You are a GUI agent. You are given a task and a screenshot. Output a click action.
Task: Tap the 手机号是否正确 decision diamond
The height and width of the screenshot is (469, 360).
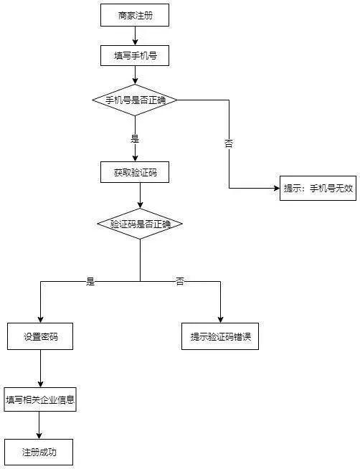coord(135,100)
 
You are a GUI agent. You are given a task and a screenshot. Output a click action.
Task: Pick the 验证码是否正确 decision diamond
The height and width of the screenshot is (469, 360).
coord(140,224)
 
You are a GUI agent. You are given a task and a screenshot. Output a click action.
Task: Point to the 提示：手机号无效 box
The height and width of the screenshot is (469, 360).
coord(318,189)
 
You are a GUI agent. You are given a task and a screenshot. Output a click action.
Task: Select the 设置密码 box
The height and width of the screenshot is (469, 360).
coord(40,336)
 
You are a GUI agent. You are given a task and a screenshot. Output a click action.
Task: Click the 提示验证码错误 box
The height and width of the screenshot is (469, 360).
coord(220,336)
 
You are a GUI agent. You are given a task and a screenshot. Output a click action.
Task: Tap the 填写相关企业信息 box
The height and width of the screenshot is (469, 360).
coord(40,399)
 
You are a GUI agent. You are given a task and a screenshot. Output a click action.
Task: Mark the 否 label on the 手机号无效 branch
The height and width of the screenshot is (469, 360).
coord(229,143)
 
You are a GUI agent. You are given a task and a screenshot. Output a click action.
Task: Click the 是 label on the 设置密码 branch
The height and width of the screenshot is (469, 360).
coord(90,281)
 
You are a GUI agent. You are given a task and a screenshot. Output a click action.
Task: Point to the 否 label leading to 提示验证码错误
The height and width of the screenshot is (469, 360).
coord(180,281)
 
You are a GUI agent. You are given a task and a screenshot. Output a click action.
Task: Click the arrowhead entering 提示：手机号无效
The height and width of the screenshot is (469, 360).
coord(275,189)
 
